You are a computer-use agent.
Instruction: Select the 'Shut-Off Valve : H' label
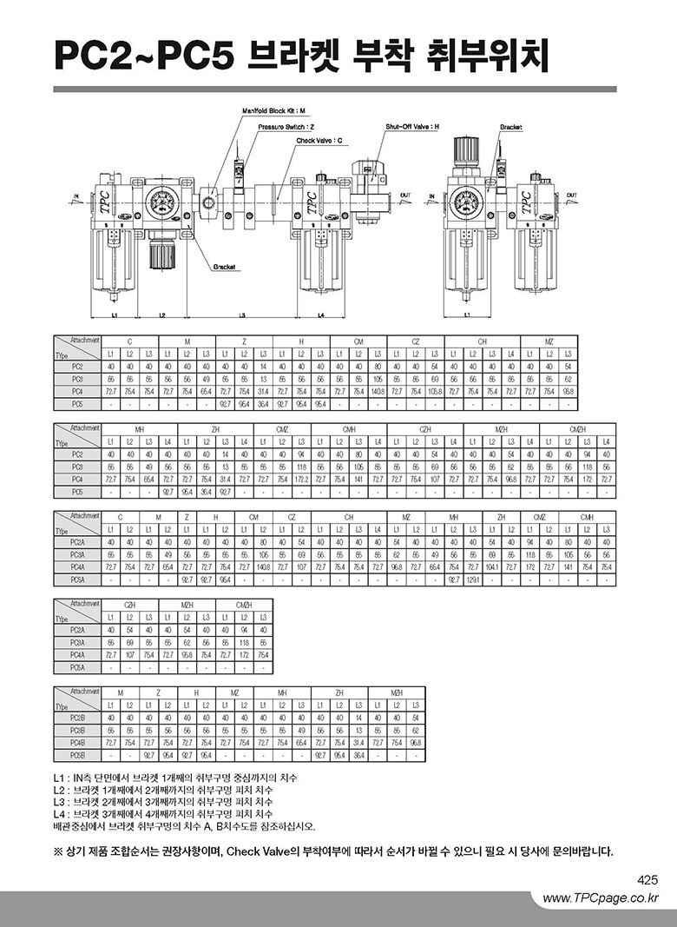coord(412,127)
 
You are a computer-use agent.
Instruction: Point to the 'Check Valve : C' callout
coord(319,140)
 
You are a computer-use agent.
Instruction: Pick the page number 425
coord(647,879)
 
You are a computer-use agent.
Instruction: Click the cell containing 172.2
coord(302,480)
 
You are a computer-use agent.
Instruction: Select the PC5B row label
coord(77,755)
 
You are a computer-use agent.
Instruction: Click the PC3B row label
coord(77,731)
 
